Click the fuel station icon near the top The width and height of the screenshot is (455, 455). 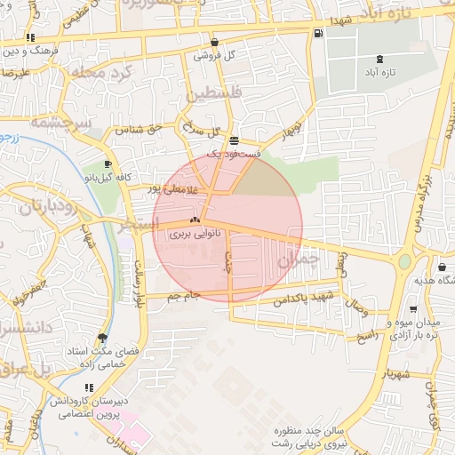317,34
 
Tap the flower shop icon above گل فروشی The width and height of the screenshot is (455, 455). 215,42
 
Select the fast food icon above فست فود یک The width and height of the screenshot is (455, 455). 234,141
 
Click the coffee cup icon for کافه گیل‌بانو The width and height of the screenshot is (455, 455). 108,164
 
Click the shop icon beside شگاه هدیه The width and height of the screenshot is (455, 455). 443,267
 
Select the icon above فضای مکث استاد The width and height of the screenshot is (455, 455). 103,338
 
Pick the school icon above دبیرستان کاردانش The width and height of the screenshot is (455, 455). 88,387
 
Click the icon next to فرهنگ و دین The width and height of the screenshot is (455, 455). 32,38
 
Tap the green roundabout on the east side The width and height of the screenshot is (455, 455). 404,262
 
